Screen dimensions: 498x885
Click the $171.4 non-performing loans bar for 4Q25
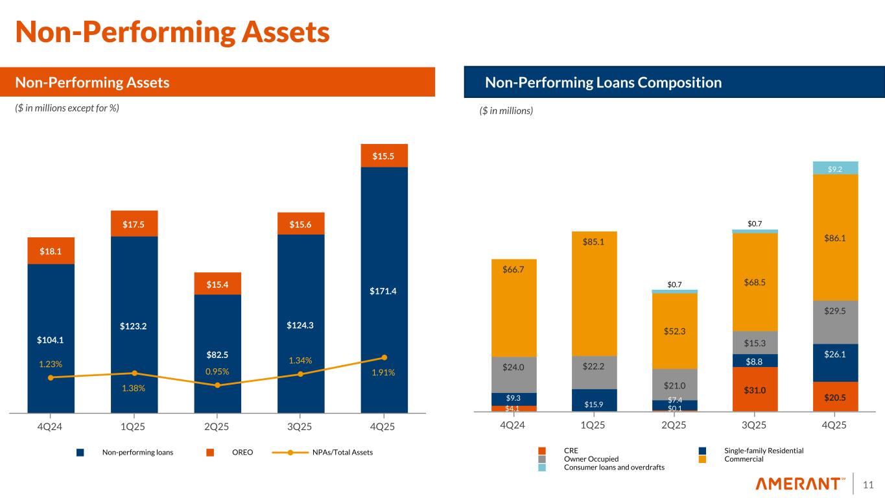pos(384,290)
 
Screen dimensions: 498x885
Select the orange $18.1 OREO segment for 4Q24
pos(51,251)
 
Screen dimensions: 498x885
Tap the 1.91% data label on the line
pos(384,373)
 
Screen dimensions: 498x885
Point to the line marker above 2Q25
pos(218,385)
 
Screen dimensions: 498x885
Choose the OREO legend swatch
pos(209,453)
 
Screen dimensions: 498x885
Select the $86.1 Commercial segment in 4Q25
pos(836,238)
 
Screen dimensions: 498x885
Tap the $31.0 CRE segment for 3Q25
pos(755,390)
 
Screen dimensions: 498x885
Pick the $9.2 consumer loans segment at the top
pos(836,169)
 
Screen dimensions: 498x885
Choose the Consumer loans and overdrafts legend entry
pos(613,467)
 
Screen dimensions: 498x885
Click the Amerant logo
pos(801,484)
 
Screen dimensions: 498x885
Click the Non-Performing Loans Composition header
pos(603,83)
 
